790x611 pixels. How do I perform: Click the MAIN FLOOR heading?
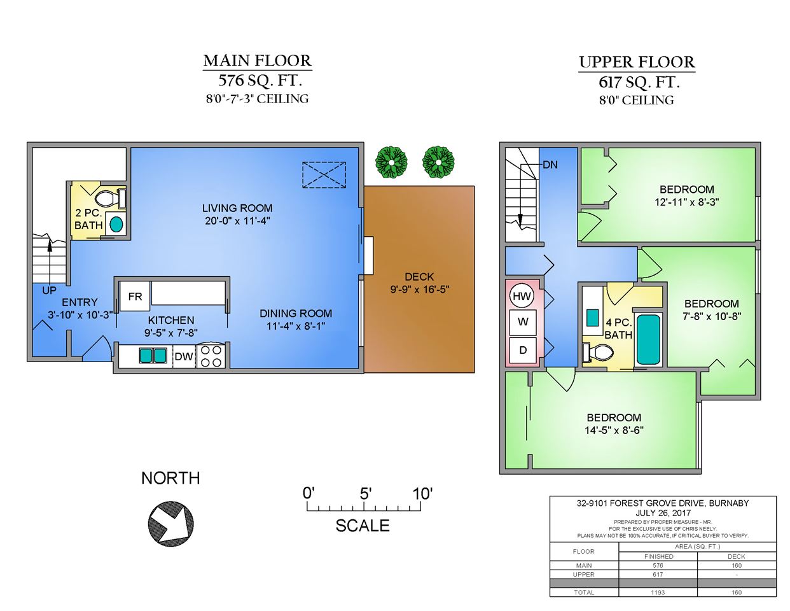[x=257, y=60]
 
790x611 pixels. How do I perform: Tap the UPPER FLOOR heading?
[x=637, y=62]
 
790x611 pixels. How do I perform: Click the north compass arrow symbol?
[x=170, y=524]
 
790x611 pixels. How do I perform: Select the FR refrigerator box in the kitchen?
[x=135, y=296]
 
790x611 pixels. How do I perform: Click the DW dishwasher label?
[x=184, y=356]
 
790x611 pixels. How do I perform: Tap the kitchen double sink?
[x=153, y=356]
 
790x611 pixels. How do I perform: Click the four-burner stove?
[x=211, y=356]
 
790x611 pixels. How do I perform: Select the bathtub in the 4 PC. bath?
[x=649, y=339]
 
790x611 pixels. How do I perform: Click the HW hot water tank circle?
[x=522, y=296]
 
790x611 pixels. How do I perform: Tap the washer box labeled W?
[x=523, y=322]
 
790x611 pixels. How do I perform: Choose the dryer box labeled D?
[x=523, y=350]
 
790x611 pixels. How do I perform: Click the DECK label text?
[x=419, y=277]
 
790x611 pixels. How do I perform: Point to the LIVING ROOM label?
[x=237, y=208]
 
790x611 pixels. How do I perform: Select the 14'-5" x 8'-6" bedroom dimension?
[x=614, y=431]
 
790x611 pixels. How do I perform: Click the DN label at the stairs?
[x=550, y=165]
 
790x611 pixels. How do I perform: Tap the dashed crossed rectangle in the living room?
[x=324, y=175]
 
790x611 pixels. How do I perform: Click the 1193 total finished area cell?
[x=658, y=592]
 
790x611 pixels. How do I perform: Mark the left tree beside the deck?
[x=391, y=162]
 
